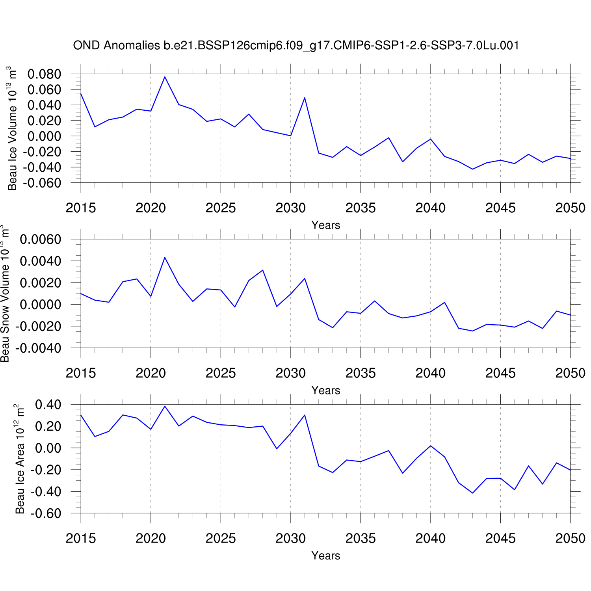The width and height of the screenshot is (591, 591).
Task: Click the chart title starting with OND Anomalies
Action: [x=296, y=46]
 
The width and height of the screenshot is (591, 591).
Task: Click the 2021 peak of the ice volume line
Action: [x=165, y=77]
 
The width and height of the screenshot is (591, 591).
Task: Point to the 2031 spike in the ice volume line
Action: [x=305, y=98]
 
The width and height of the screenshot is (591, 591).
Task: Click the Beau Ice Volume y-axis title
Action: [x=12, y=128]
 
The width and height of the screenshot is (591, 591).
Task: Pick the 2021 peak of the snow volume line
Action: [x=165, y=257]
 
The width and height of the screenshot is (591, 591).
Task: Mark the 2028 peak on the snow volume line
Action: [x=263, y=270]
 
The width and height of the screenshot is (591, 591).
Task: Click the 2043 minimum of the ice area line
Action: [x=472, y=493]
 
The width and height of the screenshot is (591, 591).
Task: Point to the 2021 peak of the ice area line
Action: [x=165, y=406]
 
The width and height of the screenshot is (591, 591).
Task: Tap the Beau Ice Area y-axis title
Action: [x=20, y=459]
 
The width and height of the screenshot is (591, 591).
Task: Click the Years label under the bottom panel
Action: [x=325, y=556]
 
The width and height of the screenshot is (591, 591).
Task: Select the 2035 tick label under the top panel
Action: [x=361, y=208]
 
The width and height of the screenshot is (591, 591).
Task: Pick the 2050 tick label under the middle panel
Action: [x=570, y=373]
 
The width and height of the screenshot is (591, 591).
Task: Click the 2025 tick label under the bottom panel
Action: [x=221, y=538]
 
